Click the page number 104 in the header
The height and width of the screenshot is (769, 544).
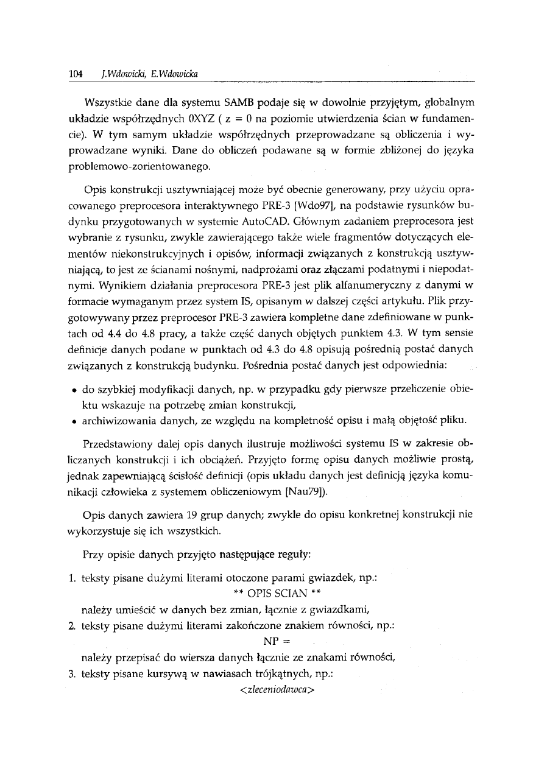76,74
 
